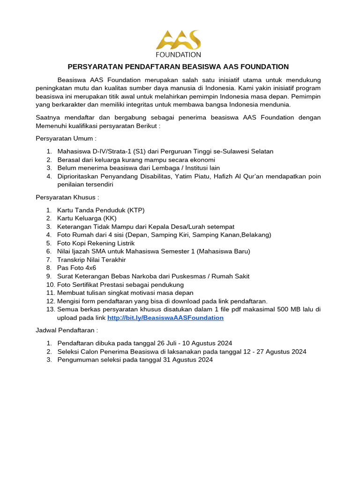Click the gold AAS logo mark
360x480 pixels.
[179, 39]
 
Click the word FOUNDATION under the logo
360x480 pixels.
[179, 54]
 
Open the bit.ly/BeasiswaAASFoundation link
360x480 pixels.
[165, 318]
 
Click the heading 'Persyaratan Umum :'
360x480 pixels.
[66, 139]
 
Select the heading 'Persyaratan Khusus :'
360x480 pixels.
[67, 197]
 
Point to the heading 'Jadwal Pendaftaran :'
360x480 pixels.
[67, 330]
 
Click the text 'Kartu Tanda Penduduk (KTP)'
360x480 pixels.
[97, 210]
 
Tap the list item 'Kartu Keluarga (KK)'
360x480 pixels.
[87, 218]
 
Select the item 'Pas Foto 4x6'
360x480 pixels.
[76, 268]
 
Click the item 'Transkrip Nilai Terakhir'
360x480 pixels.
[91, 259]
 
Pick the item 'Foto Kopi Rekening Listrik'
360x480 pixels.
[96, 243]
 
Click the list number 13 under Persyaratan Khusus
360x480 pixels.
[50, 309]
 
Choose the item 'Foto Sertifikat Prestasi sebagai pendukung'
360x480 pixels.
[120, 285]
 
